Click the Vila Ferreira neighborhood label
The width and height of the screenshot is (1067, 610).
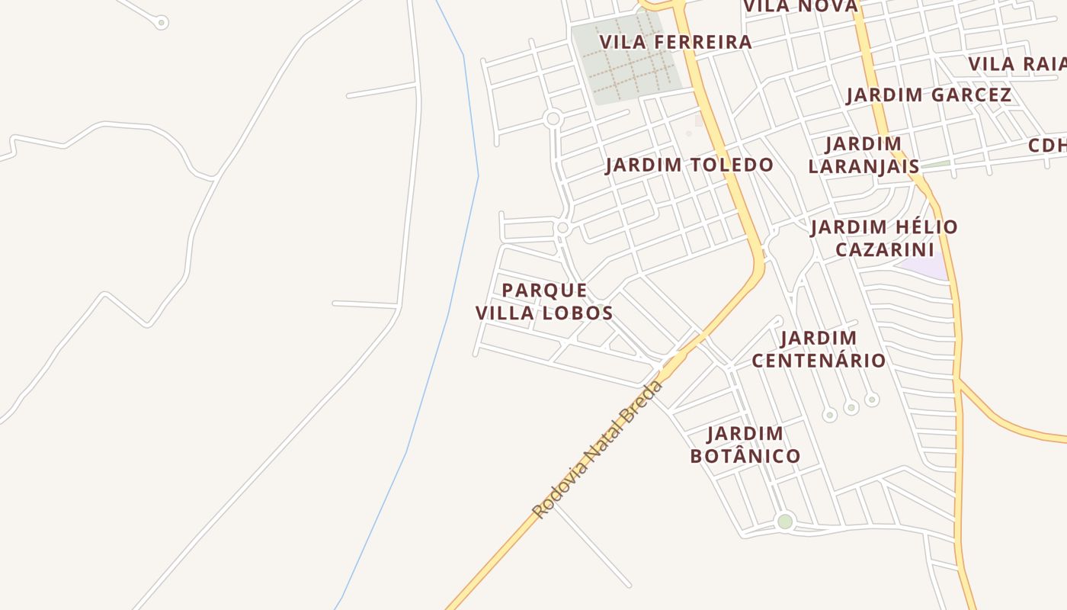pyautogui.click(x=675, y=42)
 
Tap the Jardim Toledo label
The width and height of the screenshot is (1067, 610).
pyautogui.click(x=689, y=165)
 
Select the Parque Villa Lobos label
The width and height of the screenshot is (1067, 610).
pyautogui.click(x=544, y=301)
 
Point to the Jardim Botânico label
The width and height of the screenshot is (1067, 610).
pyautogui.click(x=745, y=445)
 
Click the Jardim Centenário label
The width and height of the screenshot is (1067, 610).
pyautogui.click(x=819, y=348)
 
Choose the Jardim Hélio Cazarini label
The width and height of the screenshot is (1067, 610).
pyautogui.click(x=884, y=238)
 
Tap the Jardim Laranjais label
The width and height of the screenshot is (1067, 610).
pyautogui.click(x=864, y=155)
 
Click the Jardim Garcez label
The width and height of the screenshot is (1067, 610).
pyautogui.click(x=928, y=95)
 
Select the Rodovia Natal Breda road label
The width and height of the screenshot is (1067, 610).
pyautogui.click(x=598, y=450)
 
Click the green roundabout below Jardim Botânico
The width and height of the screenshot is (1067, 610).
pyautogui.click(x=785, y=522)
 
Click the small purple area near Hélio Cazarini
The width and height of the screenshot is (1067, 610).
pyautogui.click(x=924, y=268)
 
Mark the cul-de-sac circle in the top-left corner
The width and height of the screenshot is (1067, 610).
pyautogui.click(x=162, y=22)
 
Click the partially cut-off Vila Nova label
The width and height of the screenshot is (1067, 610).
pyautogui.click(x=800, y=7)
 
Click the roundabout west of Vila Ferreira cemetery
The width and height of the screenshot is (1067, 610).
pyautogui.click(x=554, y=119)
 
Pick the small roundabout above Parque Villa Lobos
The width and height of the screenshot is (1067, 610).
pyautogui.click(x=563, y=227)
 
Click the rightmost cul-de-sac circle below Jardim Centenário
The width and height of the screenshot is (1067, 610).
pyautogui.click(x=872, y=400)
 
